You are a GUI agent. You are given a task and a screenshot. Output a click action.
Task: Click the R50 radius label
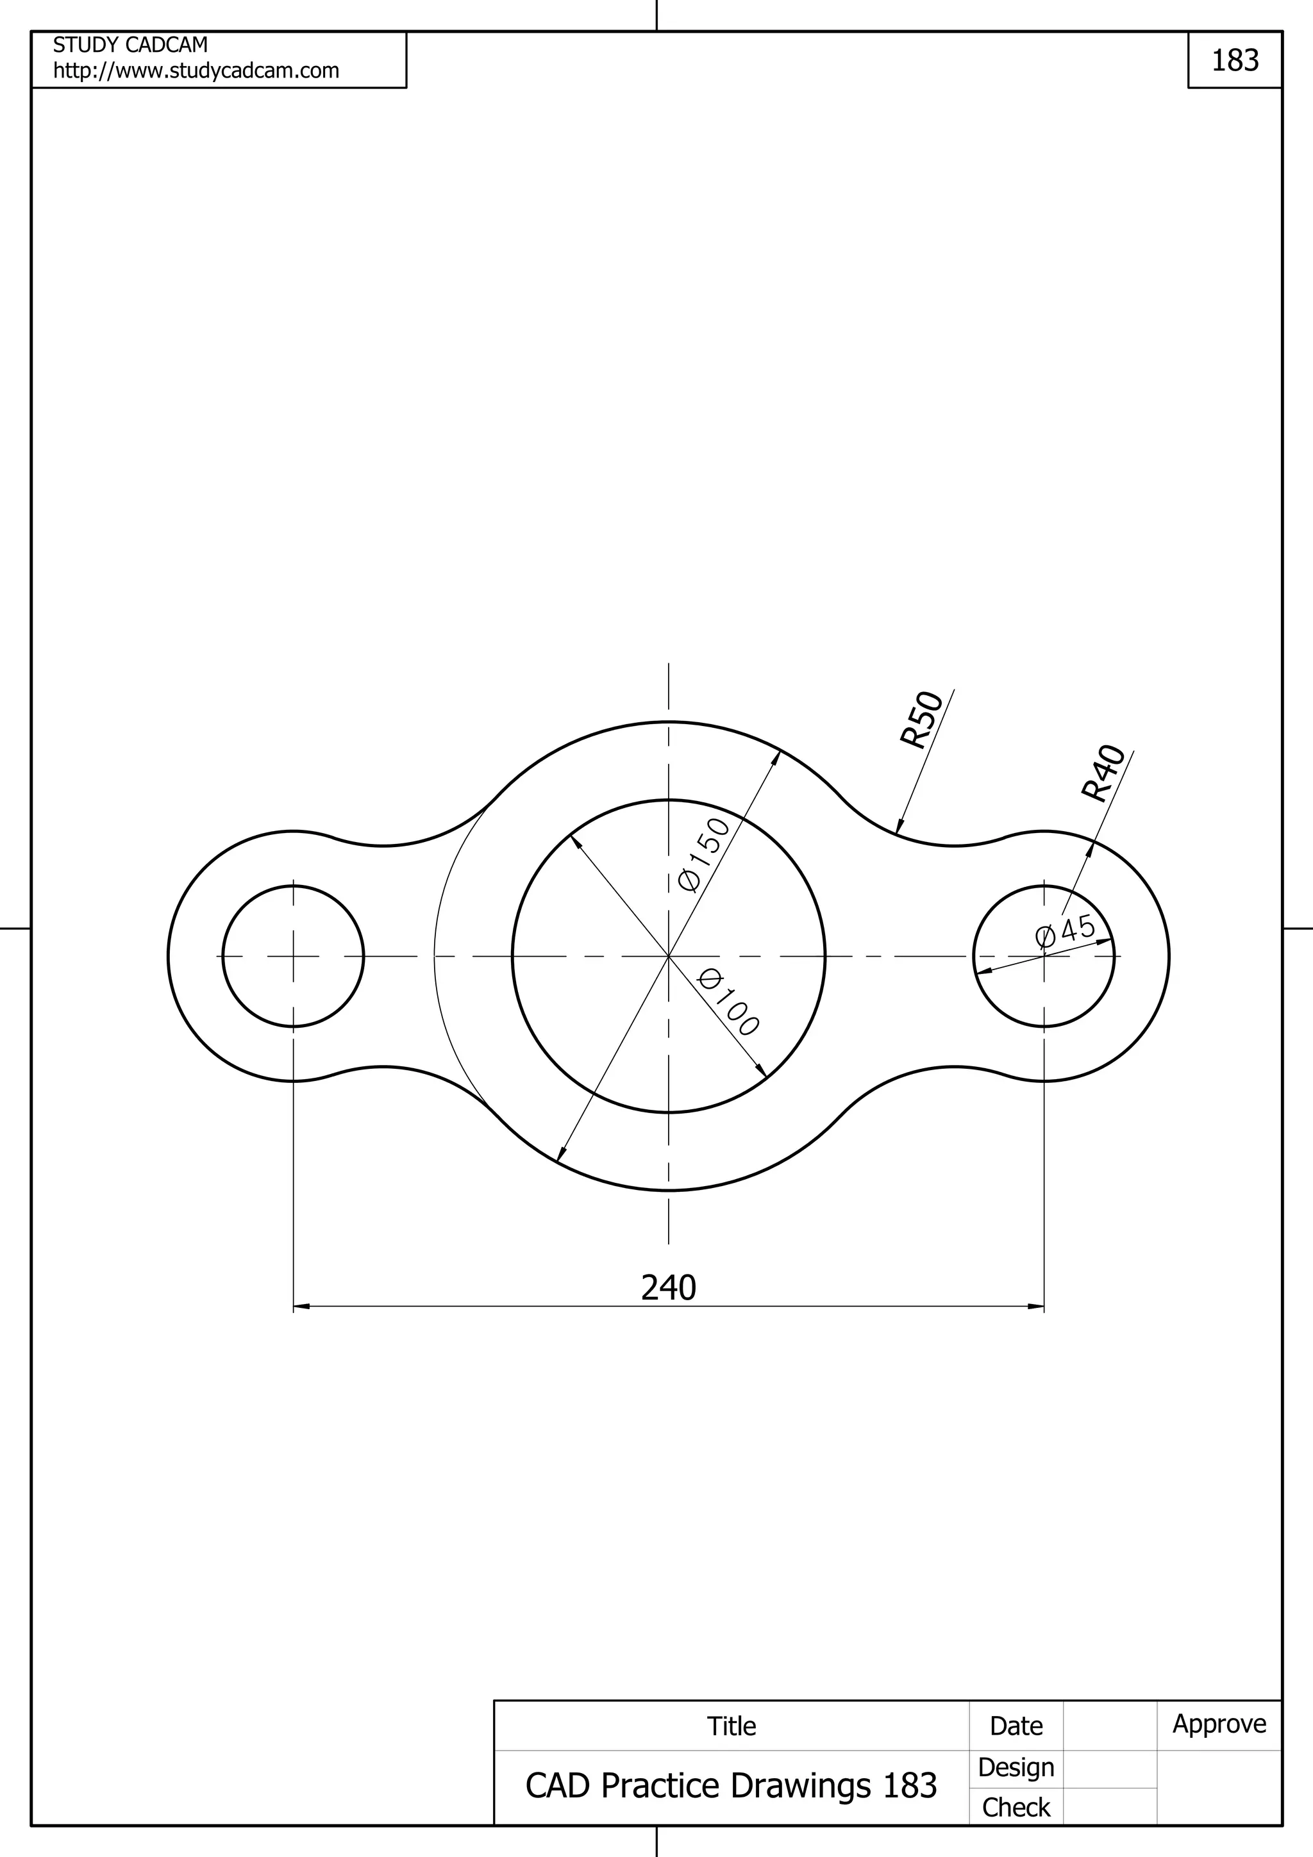tap(923, 719)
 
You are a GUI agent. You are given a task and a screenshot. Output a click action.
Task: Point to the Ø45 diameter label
tap(1066, 931)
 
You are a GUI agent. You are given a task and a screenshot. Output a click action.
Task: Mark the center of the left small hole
tap(294, 956)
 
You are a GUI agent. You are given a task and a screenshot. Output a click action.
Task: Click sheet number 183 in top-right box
tap(1235, 61)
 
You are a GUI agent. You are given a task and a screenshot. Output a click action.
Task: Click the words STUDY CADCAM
tap(130, 44)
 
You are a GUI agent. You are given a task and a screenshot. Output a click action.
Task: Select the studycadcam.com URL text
tap(196, 71)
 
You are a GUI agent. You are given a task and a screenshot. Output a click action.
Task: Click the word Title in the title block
tap(732, 1726)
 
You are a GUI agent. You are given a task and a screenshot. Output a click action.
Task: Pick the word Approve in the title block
tap(1219, 1724)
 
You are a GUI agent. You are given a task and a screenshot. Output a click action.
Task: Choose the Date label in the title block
tap(1016, 1726)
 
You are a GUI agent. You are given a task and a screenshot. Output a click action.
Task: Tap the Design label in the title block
tap(1016, 1767)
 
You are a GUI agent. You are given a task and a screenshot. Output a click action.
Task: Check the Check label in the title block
tap(1016, 1807)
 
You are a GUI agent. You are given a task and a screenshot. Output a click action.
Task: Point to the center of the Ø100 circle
tap(668, 956)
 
